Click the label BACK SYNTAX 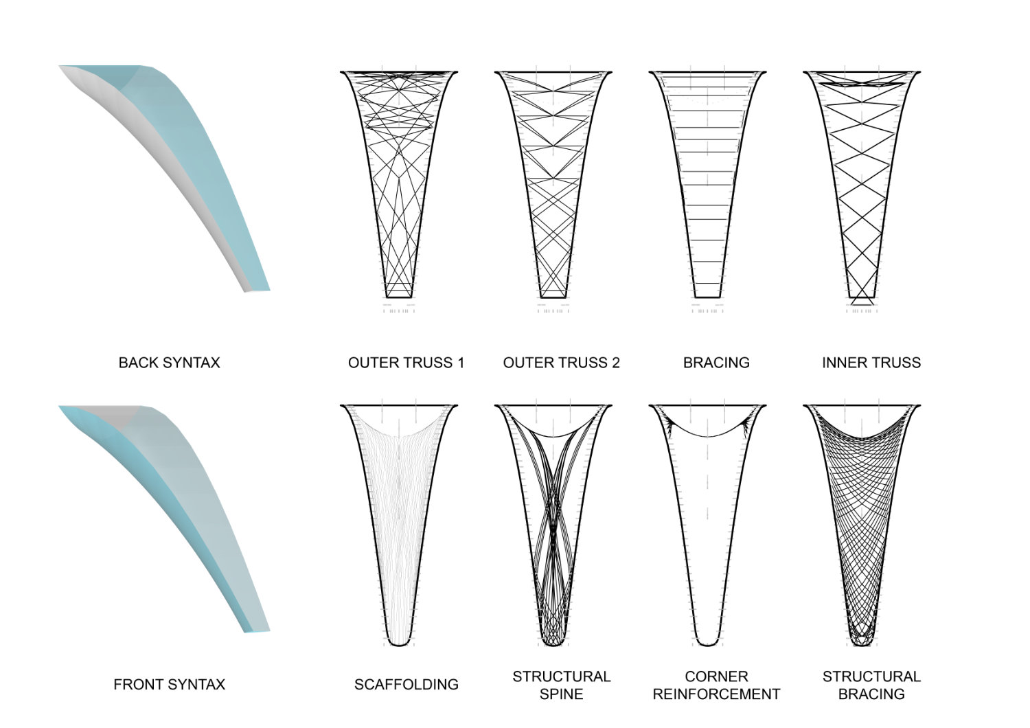169,363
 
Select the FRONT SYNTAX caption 169,684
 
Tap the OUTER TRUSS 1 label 406,363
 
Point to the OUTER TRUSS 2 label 561,363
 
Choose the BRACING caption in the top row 716,363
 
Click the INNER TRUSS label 871,363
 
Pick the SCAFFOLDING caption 406,684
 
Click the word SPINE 561,694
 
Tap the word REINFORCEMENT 716,694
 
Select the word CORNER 716,676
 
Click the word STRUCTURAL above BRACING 871,676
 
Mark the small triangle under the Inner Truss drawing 862,301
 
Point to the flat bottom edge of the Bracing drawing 707,297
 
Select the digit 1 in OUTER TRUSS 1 460,363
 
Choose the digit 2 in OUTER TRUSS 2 615,363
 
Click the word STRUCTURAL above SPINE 561,676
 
